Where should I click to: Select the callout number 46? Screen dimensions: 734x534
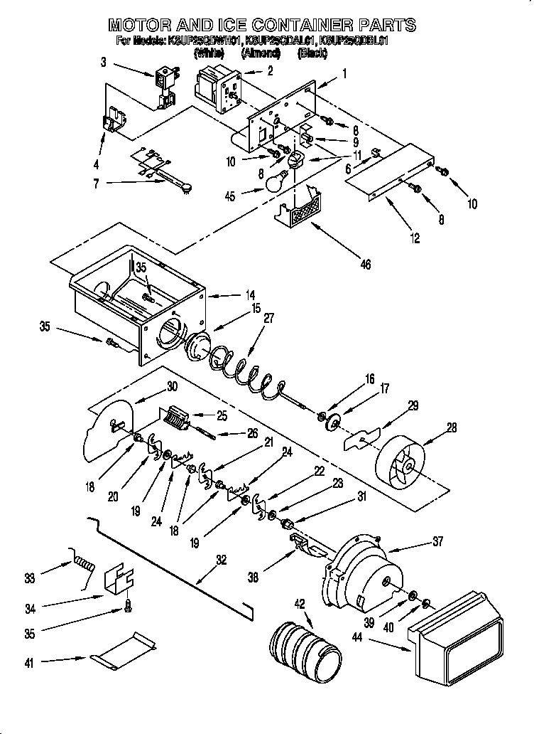[366, 264]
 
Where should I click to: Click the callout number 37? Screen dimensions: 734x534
[437, 541]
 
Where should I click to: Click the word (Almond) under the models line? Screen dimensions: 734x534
[261, 53]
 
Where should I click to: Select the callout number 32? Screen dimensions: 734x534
[222, 560]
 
